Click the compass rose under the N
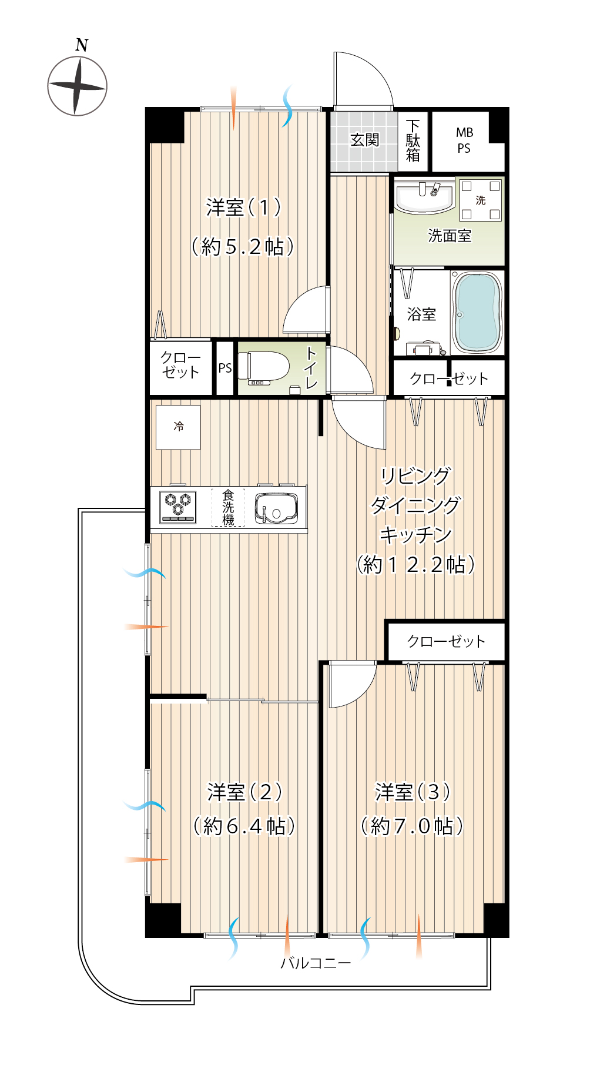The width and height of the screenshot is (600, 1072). click(77, 86)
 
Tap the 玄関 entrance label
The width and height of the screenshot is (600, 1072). click(364, 140)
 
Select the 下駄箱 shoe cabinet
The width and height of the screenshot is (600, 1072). click(413, 141)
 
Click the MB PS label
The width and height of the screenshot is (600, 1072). click(464, 140)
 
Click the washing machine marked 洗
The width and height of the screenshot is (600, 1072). click(480, 200)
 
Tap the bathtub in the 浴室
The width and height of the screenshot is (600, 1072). click(477, 312)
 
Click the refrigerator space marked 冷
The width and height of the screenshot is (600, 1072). click(178, 427)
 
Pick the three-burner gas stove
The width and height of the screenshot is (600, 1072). click(178, 507)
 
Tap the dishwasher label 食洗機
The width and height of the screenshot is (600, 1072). click(228, 507)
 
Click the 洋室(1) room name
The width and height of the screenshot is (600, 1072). click(243, 207)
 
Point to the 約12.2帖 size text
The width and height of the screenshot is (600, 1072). click(416, 564)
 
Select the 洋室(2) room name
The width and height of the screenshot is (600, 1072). click(244, 792)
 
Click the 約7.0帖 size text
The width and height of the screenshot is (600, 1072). click(412, 826)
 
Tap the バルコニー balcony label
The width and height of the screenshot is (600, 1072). click(316, 963)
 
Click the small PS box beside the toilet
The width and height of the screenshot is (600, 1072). click(225, 369)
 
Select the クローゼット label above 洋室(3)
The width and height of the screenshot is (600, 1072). click(447, 641)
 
